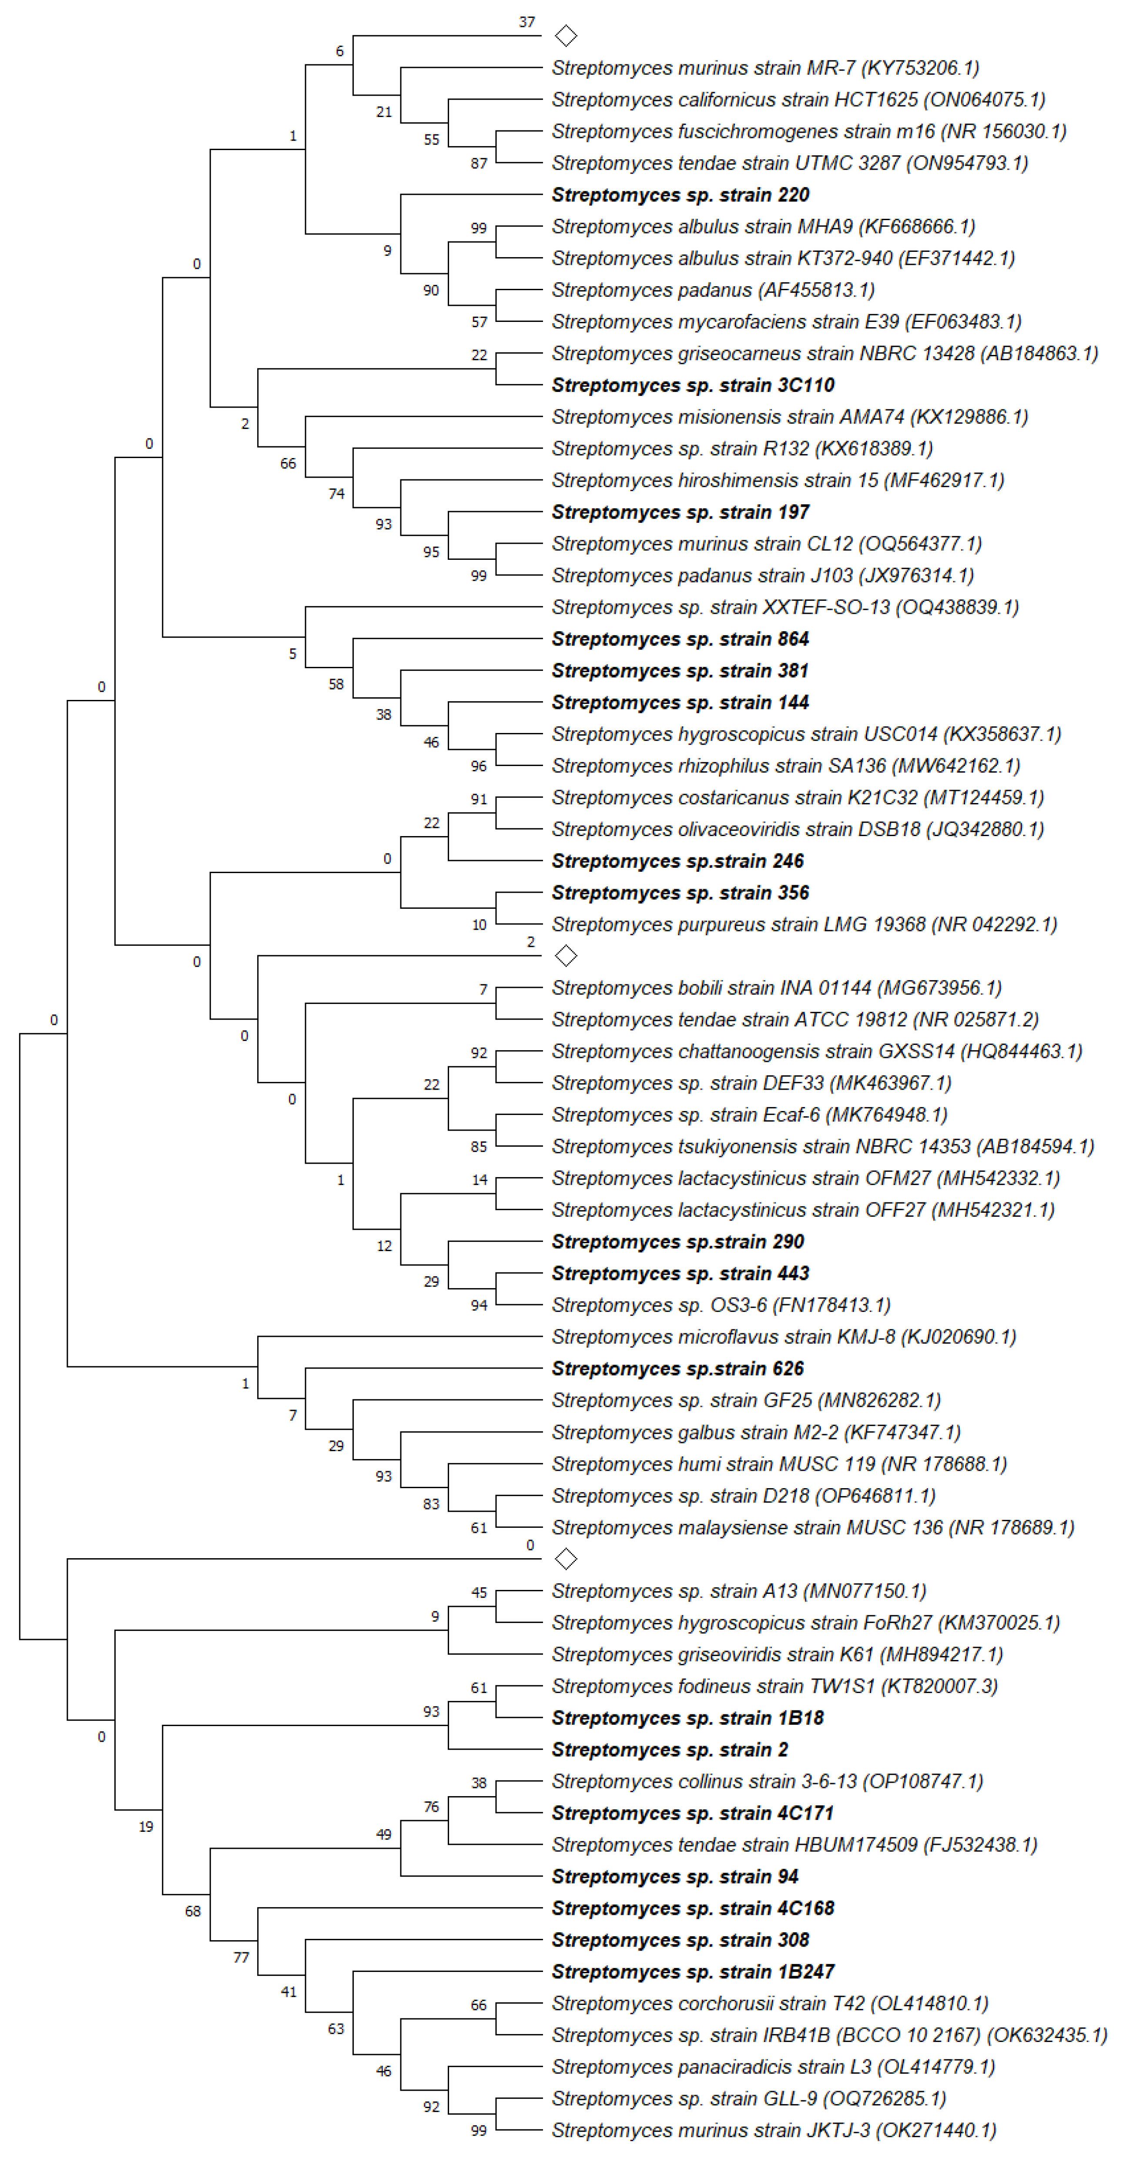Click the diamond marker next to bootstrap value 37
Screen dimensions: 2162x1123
pyautogui.click(x=566, y=36)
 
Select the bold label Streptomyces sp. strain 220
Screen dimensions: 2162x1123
pyautogui.click(x=680, y=195)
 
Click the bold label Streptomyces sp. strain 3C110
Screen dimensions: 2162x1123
pyautogui.click(x=692, y=385)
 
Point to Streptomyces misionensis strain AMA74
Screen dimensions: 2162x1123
pyautogui.click(x=789, y=417)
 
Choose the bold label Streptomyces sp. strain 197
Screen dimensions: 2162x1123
pyautogui.click(x=680, y=512)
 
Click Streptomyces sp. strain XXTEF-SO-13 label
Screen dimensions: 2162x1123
pyautogui.click(x=785, y=607)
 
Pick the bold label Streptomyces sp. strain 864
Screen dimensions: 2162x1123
pyautogui.click(x=680, y=639)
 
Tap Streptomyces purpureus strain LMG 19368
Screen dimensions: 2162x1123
pyautogui.click(x=803, y=924)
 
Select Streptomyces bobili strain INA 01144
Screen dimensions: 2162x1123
pyautogui.click(x=776, y=988)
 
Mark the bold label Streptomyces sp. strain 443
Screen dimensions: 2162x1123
pyautogui.click(x=680, y=1273)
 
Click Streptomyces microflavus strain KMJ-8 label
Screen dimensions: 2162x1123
pyautogui.click(x=783, y=1337)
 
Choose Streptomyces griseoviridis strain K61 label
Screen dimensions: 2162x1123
pyautogui.click(x=776, y=1654)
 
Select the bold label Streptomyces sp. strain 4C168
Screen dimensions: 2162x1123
pyautogui.click(x=692, y=1908)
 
